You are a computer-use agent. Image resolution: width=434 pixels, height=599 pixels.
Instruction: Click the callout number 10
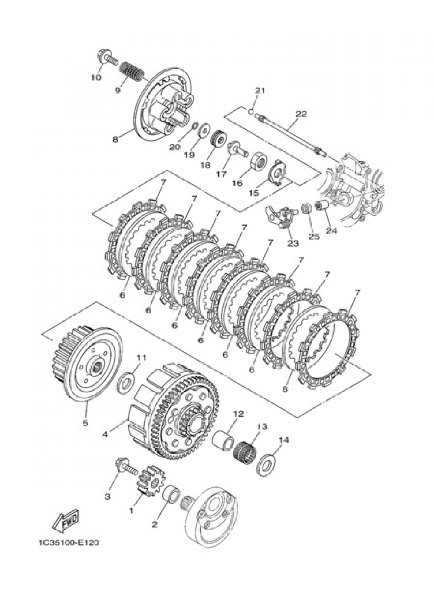(x=96, y=78)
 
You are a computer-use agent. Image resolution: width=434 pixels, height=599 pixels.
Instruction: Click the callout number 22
(x=301, y=114)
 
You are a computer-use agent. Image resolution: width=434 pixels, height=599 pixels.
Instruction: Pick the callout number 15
(x=253, y=191)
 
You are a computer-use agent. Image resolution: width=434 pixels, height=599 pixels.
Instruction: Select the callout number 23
(x=293, y=243)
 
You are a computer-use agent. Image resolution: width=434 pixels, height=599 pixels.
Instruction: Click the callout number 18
(x=205, y=165)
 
